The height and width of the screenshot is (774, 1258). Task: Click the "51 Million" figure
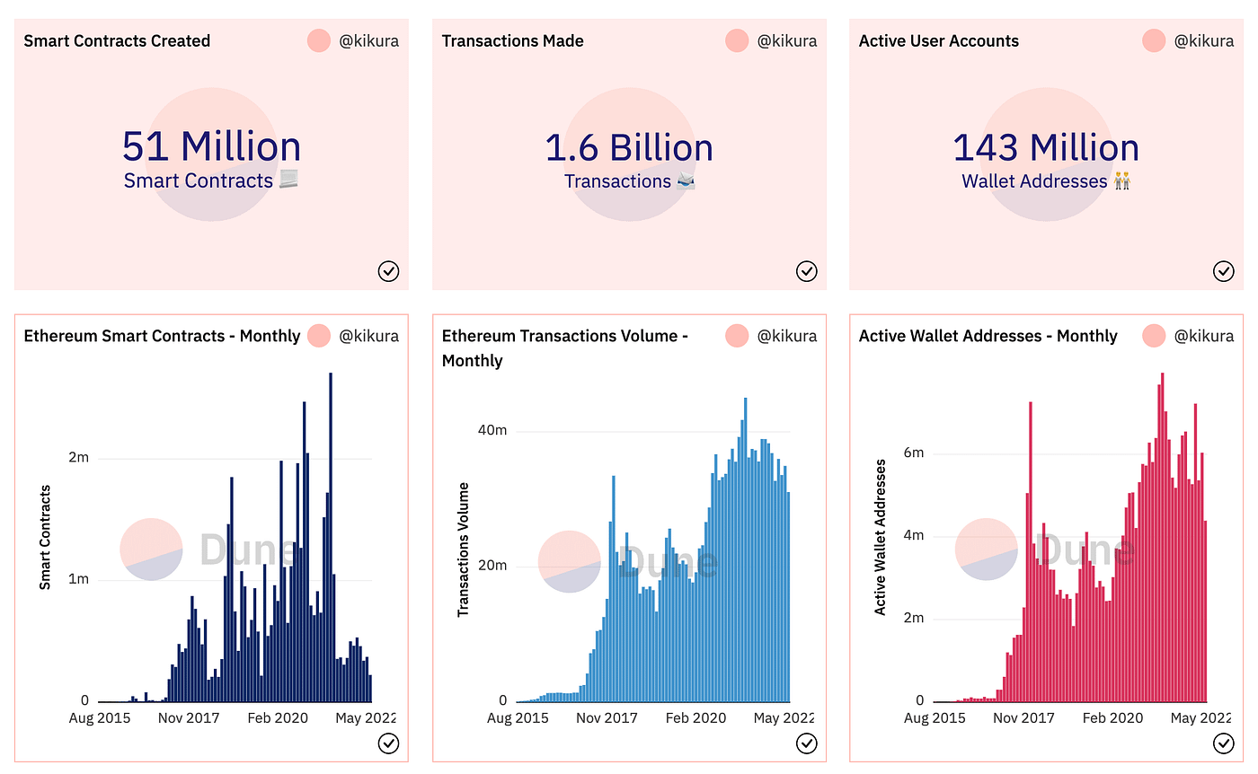coord(211,147)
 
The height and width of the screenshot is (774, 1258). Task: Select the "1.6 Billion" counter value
coord(629,147)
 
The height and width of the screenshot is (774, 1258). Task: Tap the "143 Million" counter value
coord(1046,147)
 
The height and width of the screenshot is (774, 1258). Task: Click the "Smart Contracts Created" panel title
coord(117,41)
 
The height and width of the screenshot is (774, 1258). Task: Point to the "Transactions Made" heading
coord(512,41)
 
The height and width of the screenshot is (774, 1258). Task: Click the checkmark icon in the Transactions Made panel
coord(806,271)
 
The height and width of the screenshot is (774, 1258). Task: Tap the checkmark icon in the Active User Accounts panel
coord(1223,271)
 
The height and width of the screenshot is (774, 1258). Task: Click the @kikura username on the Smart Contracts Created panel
coord(368,41)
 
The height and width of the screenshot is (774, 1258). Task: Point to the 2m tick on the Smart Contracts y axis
coord(79,458)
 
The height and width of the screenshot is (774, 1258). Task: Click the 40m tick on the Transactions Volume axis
coord(492,430)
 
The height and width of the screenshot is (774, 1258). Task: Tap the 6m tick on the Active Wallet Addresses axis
coord(913,453)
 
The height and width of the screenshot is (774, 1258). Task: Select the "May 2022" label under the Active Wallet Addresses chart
coord(1200,718)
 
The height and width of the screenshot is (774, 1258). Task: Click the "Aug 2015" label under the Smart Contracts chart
coord(100,718)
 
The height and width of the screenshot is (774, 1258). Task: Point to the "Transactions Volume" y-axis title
coord(464,550)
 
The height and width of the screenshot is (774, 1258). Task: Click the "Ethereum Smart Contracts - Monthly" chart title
coord(162,336)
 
